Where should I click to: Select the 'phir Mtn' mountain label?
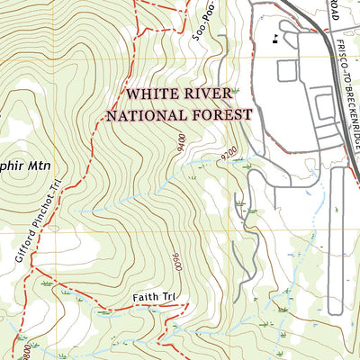click(x=23, y=166)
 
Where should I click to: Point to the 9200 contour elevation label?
click(x=226, y=154)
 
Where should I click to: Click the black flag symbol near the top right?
click(x=273, y=38)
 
